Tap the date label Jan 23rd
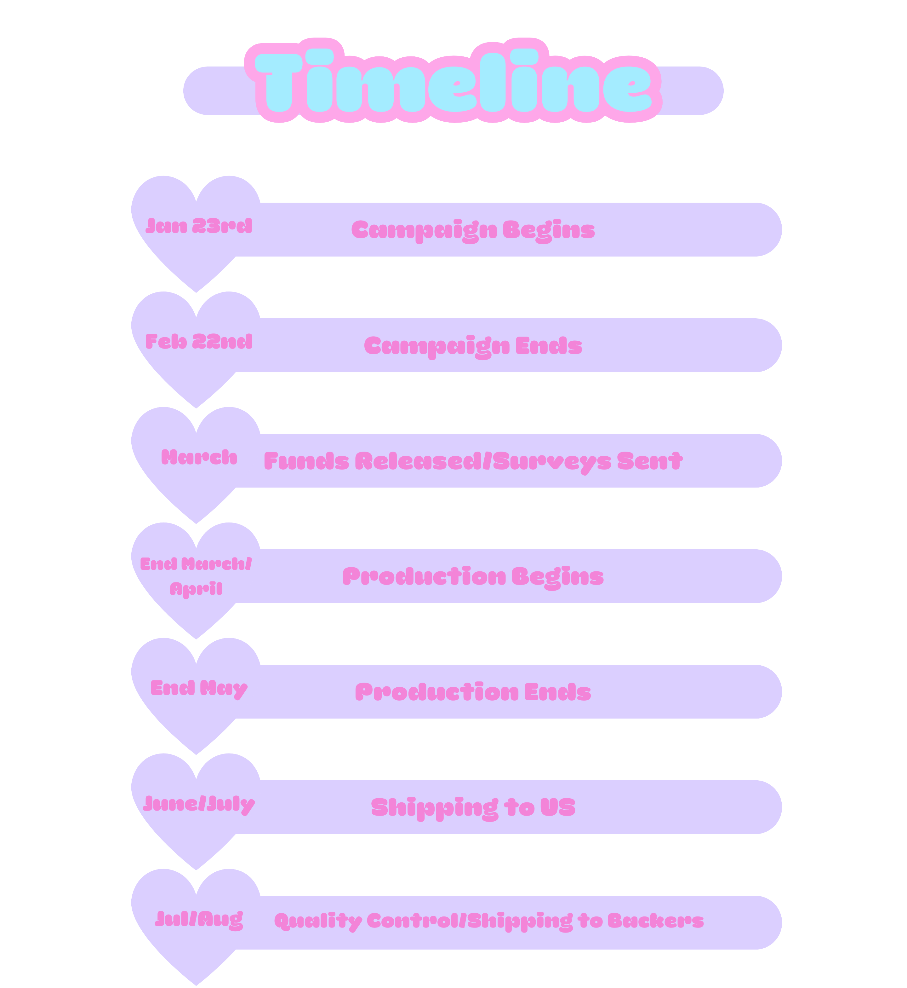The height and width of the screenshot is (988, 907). pos(199,226)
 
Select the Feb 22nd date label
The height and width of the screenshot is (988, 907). pos(199,341)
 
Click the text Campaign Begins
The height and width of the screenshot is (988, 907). pos(473,230)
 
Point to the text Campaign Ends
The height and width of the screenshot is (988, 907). pos(473,346)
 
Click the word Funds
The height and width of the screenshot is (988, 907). pos(306,461)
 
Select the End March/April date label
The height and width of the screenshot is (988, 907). pos(196,575)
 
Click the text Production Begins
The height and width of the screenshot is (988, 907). pos(473,576)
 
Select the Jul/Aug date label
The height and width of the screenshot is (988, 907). pos(199,919)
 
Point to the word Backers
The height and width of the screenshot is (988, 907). pos(656,921)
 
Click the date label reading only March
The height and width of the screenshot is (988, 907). pos(199,457)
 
